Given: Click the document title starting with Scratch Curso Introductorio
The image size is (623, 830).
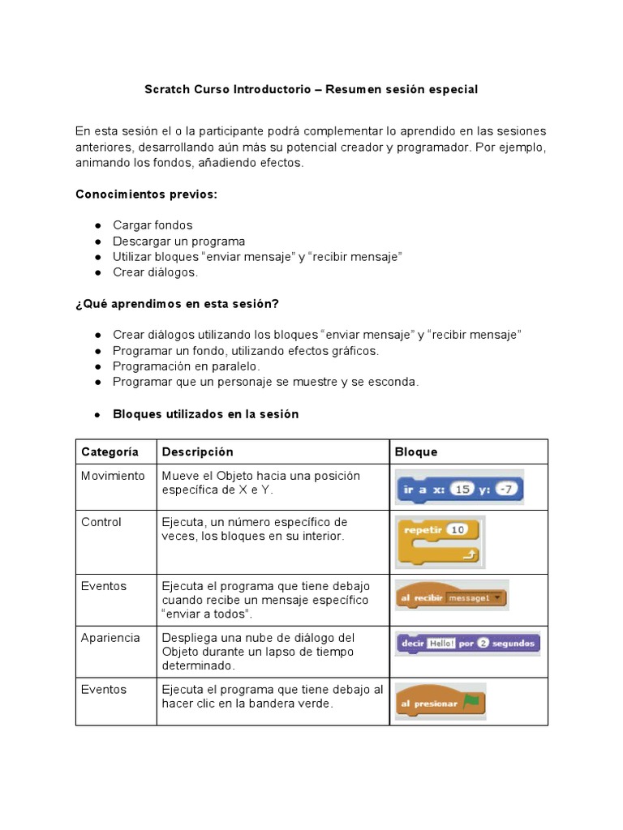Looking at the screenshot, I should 311,89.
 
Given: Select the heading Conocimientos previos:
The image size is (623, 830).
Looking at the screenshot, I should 146,195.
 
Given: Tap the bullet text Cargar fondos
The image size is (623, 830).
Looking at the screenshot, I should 153,225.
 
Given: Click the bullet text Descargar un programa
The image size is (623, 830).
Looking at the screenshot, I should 178,242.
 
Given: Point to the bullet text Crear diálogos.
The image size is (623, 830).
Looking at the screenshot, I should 155,272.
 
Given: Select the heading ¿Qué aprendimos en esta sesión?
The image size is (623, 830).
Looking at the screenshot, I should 177,304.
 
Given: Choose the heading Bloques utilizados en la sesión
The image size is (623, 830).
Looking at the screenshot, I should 205,414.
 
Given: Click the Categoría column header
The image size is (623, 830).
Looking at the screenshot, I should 110,452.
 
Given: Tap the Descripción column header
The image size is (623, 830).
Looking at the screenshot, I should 197,452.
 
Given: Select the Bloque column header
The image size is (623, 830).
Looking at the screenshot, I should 415,452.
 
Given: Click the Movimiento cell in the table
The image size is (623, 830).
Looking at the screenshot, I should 113,476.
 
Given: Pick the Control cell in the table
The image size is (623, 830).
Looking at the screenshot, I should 101,523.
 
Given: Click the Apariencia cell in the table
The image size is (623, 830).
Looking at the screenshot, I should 110,638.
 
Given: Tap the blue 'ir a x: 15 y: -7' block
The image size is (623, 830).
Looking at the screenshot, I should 459,489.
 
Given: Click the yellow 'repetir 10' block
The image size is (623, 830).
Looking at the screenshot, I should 438,542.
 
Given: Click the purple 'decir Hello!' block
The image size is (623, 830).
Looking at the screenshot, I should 467,644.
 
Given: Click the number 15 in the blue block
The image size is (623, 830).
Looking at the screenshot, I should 462,489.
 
